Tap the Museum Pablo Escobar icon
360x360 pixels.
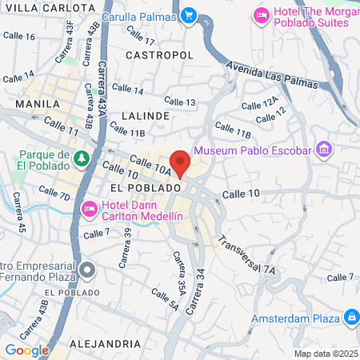coord(323,150)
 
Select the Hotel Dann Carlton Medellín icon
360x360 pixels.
coord(89,210)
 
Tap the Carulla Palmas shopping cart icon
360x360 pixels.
coord(189,14)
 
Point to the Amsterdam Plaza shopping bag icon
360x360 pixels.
coord(349,318)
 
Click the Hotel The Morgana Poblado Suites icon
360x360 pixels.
coord(261,15)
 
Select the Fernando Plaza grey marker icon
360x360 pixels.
coord(89,268)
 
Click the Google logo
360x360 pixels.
coord(26,350)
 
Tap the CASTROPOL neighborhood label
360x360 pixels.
coord(160,54)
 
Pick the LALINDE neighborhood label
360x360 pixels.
coord(146,115)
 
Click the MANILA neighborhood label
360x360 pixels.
coord(38,104)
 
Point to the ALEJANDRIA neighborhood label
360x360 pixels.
coord(105,343)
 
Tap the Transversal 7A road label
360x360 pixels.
coord(246,255)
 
